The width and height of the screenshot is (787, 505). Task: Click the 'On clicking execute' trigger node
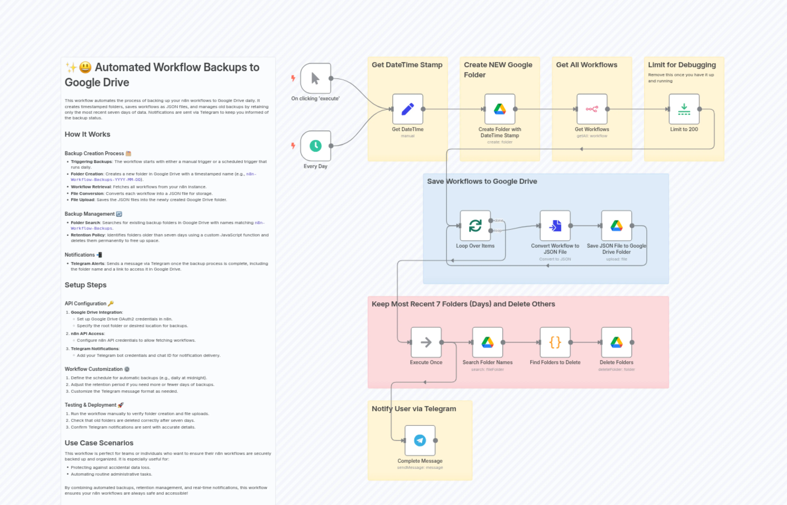pos(315,78)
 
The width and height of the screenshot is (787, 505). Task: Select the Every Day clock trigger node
pos(315,146)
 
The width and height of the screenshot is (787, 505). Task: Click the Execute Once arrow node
pos(426,342)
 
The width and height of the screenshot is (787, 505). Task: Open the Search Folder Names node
pos(487,342)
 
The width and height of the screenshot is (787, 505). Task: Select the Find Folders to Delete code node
pos(555,342)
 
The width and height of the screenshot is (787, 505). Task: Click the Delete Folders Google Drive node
pos(616,342)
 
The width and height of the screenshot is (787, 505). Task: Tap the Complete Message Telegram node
pos(420,440)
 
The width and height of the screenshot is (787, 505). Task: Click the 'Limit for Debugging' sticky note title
pos(682,65)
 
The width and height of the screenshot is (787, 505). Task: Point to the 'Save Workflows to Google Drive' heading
pos(482,181)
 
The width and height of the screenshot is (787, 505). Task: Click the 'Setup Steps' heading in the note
pos(85,285)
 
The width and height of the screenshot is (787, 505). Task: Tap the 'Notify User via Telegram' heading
pos(413,409)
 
